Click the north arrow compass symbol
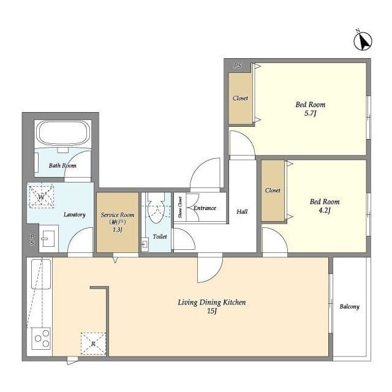pyautogui.click(x=363, y=41)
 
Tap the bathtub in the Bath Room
pyautogui.click(x=63, y=133)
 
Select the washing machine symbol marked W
pyautogui.click(x=42, y=197)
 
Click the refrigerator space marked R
pyautogui.click(x=94, y=344)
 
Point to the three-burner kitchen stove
pyautogui.click(x=41, y=338)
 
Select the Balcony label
pyautogui.click(x=349, y=306)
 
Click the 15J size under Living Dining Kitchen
pyautogui.click(x=211, y=311)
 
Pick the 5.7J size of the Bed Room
pyautogui.click(x=311, y=113)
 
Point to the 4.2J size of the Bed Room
pyautogui.click(x=324, y=211)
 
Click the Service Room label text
pyautogui.click(x=118, y=215)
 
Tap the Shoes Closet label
pyautogui.click(x=180, y=207)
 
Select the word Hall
pyautogui.click(x=242, y=212)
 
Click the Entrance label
pyautogui.click(x=205, y=208)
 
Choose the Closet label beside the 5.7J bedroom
pyautogui.click(x=240, y=98)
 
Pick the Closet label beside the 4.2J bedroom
pyautogui.click(x=273, y=190)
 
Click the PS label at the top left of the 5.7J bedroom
pyautogui.click(x=238, y=66)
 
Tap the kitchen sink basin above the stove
pyautogui.click(x=41, y=274)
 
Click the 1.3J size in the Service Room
pyautogui.click(x=117, y=230)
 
